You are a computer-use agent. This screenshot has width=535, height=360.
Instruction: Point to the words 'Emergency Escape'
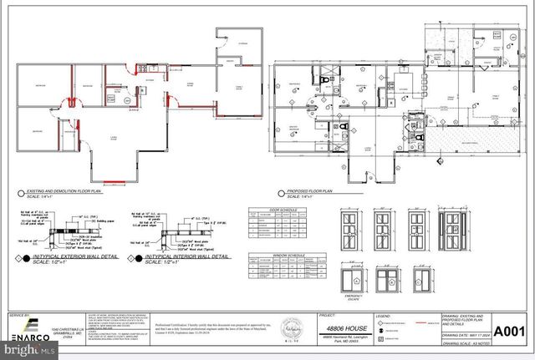352,297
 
